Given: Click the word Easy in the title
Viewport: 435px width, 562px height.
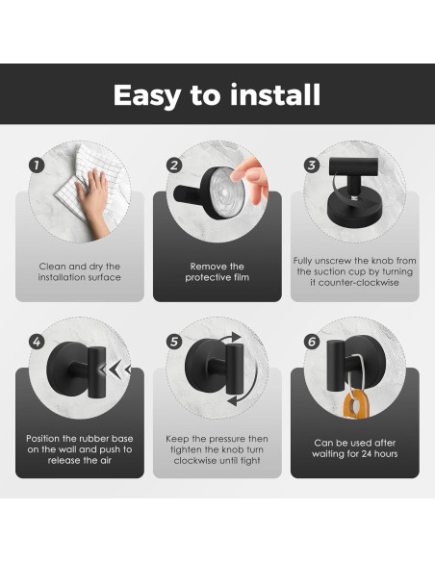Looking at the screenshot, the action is tap(147, 95).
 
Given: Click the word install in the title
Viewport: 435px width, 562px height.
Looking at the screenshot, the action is tap(275, 94).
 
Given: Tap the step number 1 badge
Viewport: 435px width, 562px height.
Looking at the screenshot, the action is tap(37, 166).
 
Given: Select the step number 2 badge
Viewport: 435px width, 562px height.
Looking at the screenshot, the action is tap(174, 166).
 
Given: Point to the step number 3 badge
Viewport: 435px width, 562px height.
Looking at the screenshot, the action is tap(312, 165).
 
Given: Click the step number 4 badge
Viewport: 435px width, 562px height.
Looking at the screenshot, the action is tap(37, 342).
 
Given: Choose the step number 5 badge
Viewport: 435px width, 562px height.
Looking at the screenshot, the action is tap(174, 342).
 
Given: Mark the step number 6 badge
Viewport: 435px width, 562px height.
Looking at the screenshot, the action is tap(312, 342).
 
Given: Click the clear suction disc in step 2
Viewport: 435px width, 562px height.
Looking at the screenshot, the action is tap(225, 192).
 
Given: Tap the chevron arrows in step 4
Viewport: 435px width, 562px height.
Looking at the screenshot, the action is tap(115, 370).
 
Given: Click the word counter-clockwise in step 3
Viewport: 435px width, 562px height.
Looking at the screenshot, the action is tap(359, 282).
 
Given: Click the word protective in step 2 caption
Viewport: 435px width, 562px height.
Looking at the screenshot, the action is tap(206, 277).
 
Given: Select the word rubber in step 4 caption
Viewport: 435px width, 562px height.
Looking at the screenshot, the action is tap(94, 439).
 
